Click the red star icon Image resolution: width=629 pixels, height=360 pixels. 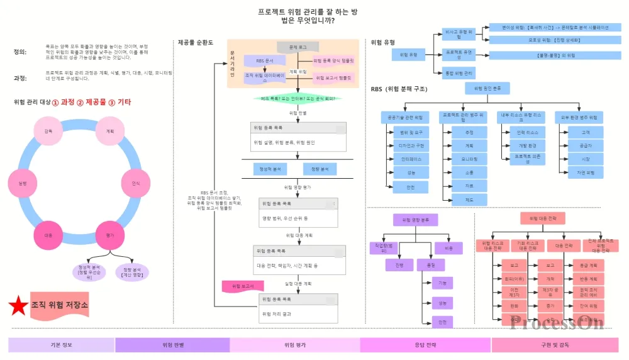pos(19,306)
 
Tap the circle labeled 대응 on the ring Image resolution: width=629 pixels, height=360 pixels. pos(48,235)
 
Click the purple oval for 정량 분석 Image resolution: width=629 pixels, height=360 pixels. pos(132,272)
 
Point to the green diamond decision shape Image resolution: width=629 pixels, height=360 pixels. pos(298,99)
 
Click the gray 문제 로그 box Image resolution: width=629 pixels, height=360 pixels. pos(298,47)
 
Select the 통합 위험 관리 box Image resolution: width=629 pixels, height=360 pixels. pos(458,73)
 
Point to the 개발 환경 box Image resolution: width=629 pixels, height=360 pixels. pos(526,145)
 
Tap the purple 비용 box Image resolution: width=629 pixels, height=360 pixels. pos(448,249)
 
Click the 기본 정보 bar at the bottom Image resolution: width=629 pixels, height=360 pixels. pos(61,345)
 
